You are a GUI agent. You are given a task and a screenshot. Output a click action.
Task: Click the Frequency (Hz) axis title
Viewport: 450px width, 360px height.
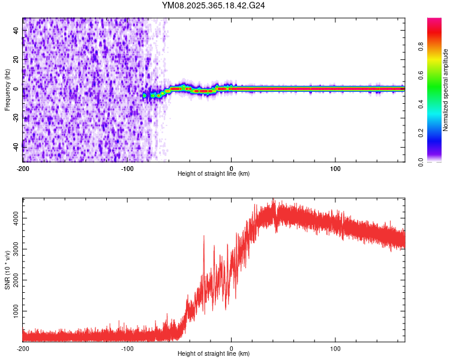point(7,90)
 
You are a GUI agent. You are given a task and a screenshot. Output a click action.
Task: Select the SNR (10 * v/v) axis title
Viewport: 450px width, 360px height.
point(7,269)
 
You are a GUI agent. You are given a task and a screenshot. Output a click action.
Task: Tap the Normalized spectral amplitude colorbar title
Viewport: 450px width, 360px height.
point(445,89)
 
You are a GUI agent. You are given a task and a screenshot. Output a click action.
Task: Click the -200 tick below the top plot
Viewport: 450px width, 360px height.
point(23,167)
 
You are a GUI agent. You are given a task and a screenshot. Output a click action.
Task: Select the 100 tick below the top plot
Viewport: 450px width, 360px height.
point(336,167)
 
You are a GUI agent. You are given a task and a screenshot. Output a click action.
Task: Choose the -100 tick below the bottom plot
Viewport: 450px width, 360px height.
point(127,348)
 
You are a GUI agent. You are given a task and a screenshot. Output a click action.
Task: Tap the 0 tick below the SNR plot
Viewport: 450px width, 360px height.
point(232,348)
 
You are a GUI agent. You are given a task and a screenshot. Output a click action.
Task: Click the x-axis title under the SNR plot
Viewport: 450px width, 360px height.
point(214,354)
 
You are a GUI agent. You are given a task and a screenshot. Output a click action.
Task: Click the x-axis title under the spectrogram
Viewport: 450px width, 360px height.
point(214,174)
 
